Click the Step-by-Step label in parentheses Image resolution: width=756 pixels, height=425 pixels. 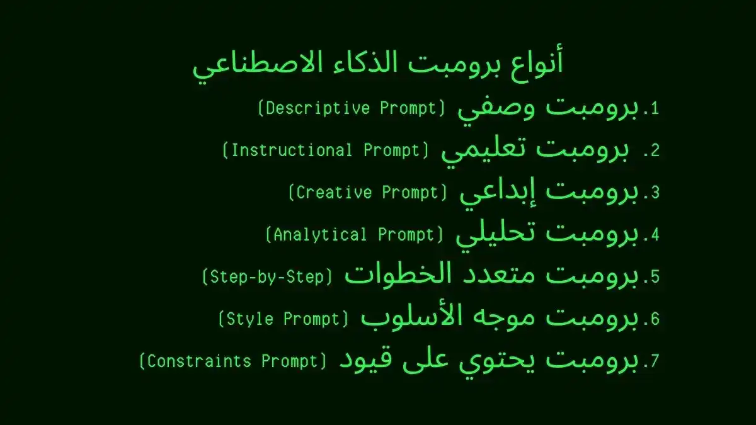(x=267, y=277)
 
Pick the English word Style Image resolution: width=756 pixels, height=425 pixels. (x=249, y=319)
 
